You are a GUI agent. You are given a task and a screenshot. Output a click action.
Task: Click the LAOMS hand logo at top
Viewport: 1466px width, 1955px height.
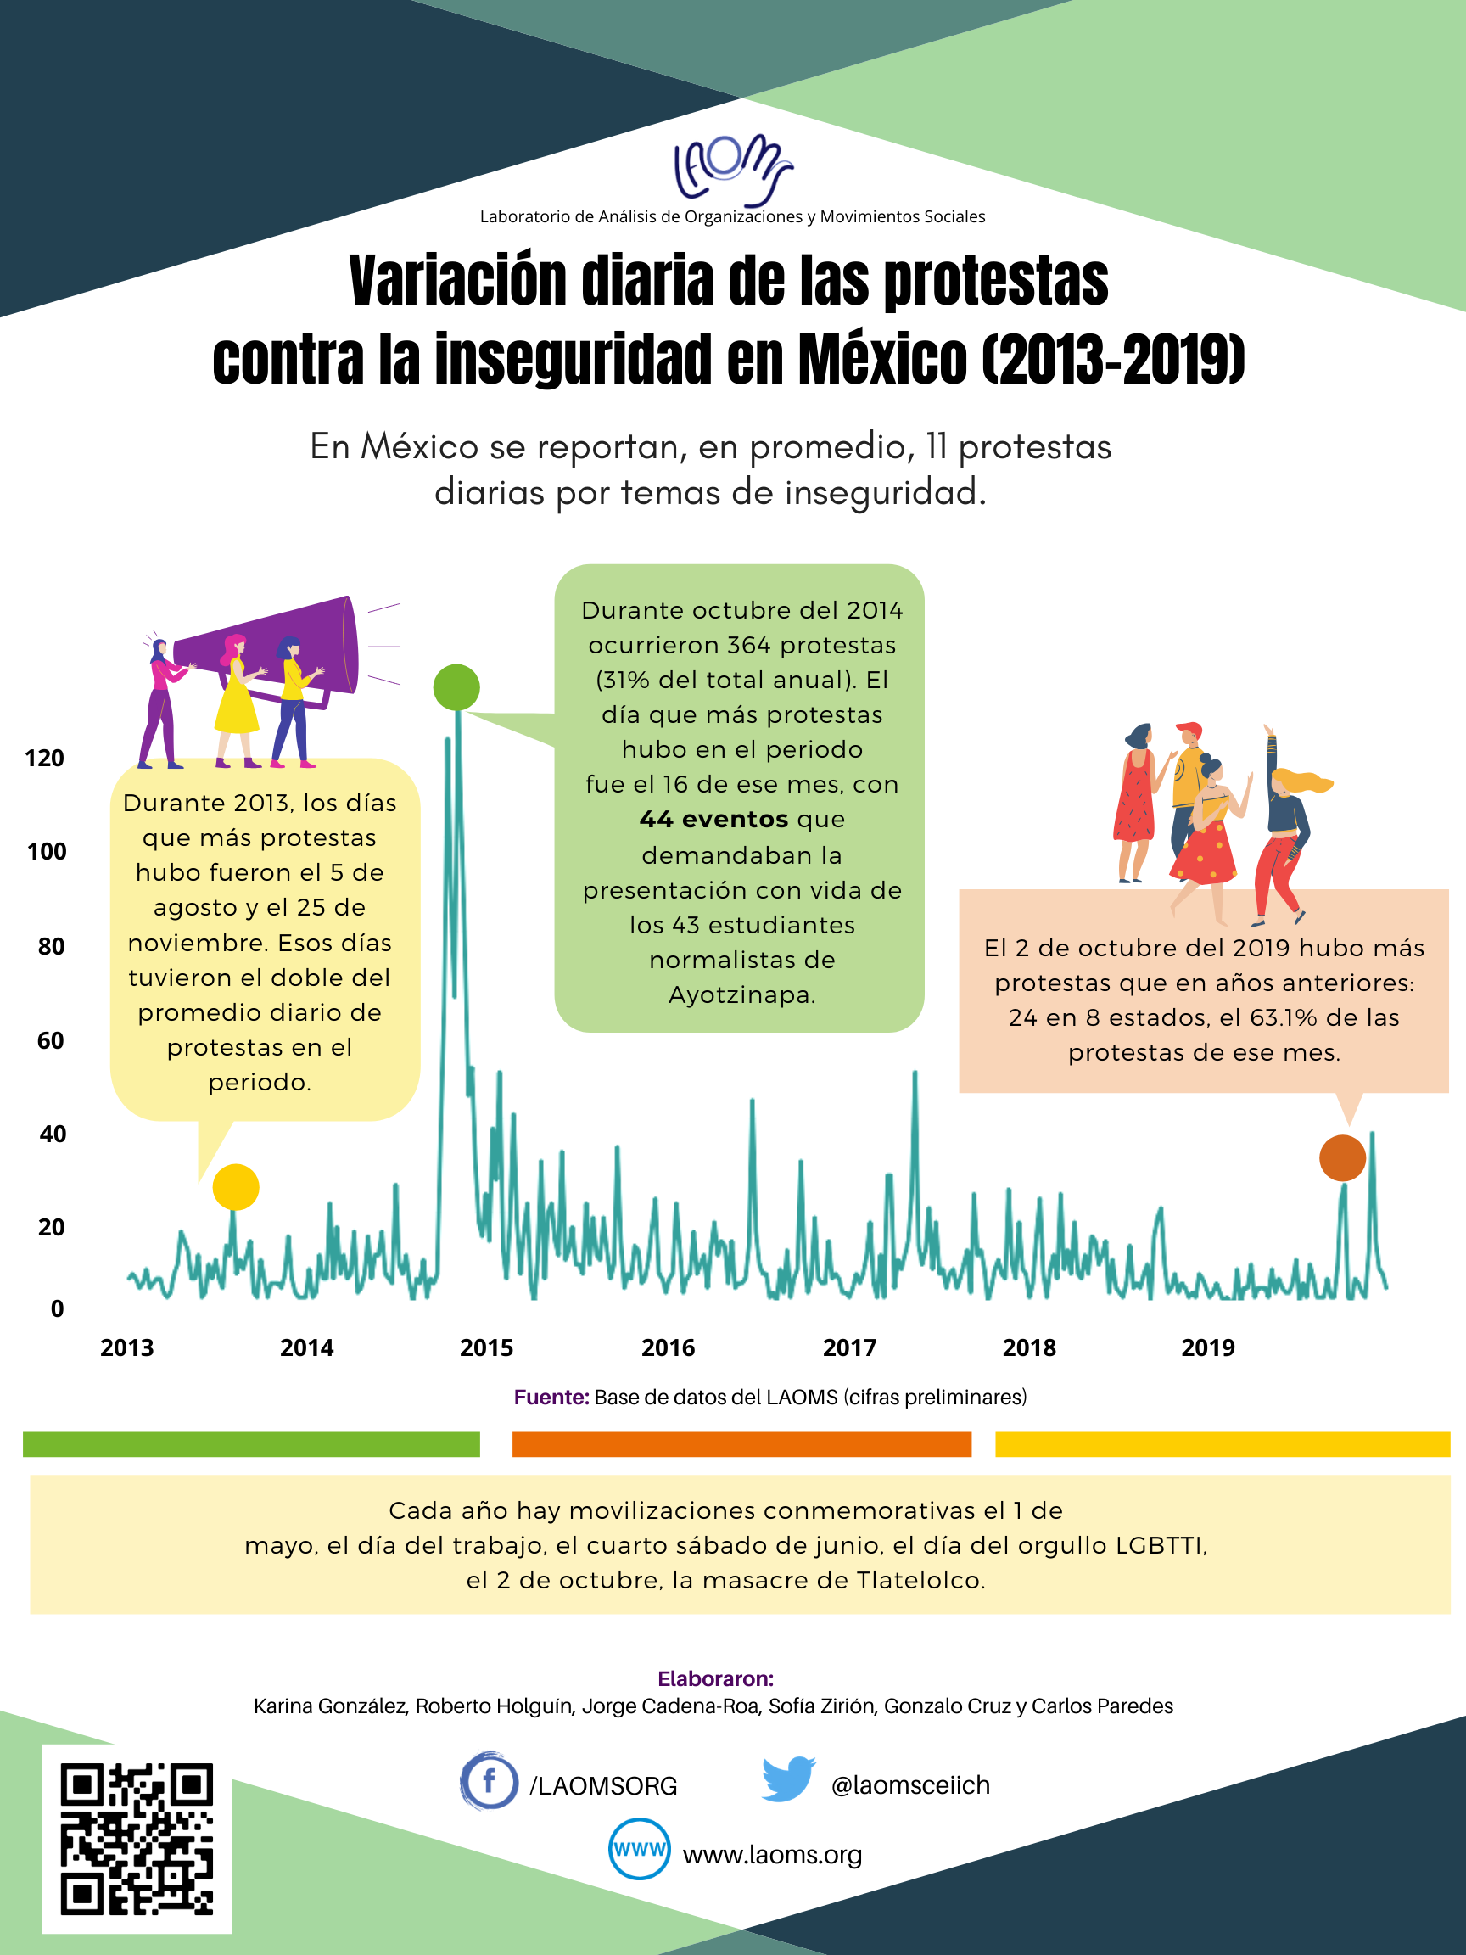(x=732, y=169)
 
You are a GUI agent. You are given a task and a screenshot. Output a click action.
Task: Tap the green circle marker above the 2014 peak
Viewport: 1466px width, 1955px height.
(x=457, y=686)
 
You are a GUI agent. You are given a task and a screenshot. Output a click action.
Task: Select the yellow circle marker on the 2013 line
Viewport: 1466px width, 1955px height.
(x=236, y=1187)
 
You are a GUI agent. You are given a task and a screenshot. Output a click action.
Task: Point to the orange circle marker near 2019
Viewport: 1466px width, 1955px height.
(x=1342, y=1157)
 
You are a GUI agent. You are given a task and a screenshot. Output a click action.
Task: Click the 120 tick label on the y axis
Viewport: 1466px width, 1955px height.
(x=44, y=759)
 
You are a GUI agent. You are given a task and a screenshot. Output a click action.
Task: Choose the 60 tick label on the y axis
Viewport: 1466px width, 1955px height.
(x=50, y=1040)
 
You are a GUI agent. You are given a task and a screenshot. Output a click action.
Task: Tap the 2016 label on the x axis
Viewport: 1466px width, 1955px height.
(x=668, y=1347)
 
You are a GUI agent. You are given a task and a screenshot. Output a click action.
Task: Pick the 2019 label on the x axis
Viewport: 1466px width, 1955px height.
(x=1208, y=1347)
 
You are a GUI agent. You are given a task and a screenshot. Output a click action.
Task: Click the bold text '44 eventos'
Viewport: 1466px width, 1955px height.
(x=713, y=820)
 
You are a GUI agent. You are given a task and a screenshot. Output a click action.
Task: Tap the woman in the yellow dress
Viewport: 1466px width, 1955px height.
(x=237, y=700)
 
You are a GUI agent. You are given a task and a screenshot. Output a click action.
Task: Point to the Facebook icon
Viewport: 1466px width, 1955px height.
(x=488, y=1781)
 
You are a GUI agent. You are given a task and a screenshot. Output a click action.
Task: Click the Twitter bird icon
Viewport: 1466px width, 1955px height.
(x=788, y=1780)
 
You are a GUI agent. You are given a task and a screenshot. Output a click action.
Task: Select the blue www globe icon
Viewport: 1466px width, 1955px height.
(x=639, y=1849)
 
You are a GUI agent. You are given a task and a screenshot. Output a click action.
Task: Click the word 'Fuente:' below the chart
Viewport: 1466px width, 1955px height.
(x=551, y=1398)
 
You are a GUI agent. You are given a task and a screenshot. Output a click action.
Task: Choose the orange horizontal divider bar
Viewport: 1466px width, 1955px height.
(x=741, y=1444)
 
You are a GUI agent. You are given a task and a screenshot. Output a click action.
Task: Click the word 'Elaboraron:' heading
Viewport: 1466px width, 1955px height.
(x=716, y=1678)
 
